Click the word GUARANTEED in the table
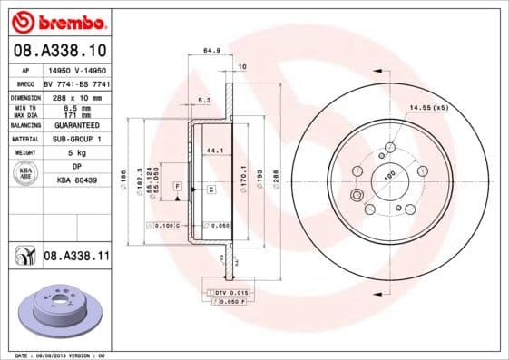pos(76,125)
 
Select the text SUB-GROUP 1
pos(76,139)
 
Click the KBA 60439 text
pos(76,181)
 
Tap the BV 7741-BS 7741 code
pos(76,83)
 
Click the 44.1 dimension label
pos(216,150)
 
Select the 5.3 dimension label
pos(204,101)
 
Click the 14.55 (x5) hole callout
pos(429,108)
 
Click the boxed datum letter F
pos(178,186)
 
